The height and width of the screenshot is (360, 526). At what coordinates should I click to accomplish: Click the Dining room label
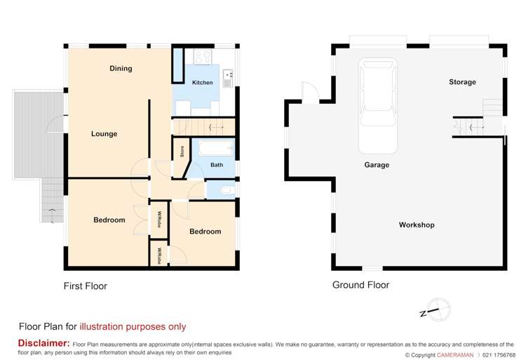click(121, 69)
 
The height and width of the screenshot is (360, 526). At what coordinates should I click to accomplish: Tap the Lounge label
click(104, 134)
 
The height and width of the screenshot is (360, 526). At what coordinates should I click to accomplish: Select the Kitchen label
click(202, 83)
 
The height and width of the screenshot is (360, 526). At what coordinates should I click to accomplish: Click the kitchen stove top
click(203, 57)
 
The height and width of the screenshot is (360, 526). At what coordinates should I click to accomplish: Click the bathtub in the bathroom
click(215, 148)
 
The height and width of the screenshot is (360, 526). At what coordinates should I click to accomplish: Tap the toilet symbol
click(228, 191)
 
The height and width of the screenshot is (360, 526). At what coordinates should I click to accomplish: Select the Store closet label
click(182, 152)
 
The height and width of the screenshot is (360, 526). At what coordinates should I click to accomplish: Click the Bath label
click(217, 165)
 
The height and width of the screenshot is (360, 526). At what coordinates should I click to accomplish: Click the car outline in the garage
click(378, 106)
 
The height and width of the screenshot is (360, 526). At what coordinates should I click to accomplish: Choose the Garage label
click(377, 165)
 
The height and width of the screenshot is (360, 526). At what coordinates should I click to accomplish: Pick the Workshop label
click(417, 225)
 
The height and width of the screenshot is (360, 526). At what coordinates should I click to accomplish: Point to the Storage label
click(462, 82)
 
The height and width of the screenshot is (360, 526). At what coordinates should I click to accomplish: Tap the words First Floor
click(85, 286)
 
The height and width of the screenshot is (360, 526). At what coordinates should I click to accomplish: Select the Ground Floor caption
click(360, 285)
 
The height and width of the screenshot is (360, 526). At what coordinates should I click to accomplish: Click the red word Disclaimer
click(44, 343)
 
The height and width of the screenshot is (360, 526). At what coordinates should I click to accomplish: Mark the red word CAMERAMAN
click(455, 355)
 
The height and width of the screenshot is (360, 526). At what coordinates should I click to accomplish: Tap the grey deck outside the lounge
click(39, 134)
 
